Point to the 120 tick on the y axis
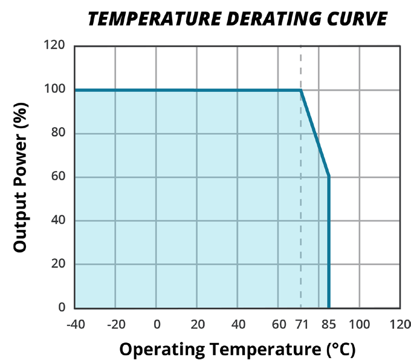click(54, 45)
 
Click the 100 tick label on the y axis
click(54, 90)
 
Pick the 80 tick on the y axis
click(57, 133)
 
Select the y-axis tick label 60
click(57, 177)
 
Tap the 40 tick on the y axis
click(57, 220)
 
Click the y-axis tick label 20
click(57, 264)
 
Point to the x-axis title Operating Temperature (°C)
click(237, 349)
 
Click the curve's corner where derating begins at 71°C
click(301, 90)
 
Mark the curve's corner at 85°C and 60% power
click(329, 177)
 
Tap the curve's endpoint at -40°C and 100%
click(75, 90)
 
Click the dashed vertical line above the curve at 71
click(301, 67)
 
